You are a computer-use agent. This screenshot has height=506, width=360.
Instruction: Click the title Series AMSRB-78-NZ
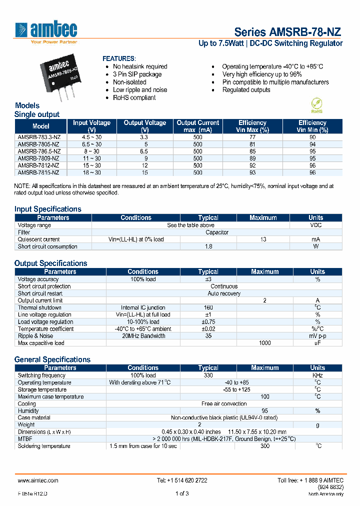(x=288, y=32)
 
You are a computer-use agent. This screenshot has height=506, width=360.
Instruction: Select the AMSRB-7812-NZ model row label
(x=38, y=165)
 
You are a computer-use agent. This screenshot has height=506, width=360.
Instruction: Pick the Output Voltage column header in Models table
(x=144, y=126)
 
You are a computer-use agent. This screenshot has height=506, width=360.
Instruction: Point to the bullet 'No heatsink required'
(x=140, y=66)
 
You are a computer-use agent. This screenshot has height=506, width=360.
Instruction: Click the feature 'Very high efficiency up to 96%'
(x=261, y=74)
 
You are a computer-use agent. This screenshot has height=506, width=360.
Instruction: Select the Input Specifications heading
(x=47, y=209)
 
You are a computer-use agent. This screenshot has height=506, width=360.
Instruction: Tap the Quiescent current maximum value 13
(x=263, y=239)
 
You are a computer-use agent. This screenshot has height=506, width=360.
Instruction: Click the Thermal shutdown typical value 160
(x=208, y=308)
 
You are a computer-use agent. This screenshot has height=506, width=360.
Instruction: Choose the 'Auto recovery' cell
(x=224, y=293)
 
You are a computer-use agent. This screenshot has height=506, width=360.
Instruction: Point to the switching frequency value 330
(x=208, y=375)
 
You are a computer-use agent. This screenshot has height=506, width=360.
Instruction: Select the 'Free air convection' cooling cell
(x=224, y=403)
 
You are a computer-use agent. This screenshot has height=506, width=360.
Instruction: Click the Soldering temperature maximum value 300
(x=264, y=446)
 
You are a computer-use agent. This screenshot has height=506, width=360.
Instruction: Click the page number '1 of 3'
(x=181, y=494)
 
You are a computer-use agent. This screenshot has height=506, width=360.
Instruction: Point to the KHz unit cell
(x=317, y=375)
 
